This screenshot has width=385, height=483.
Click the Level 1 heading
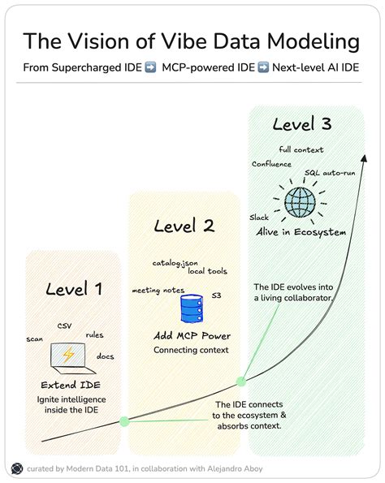click(74, 288)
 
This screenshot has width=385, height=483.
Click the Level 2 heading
click(184, 226)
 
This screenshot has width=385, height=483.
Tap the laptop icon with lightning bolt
click(68, 356)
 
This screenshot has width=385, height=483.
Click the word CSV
click(64, 326)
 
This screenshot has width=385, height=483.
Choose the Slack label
click(258, 218)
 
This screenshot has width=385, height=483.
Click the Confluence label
click(271, 164)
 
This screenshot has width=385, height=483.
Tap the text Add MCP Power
click(192, 336)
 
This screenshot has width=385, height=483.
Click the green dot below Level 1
click(123, 421)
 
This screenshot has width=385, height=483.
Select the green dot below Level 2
click(241, 381)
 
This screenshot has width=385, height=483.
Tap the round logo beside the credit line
click(16, 468)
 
